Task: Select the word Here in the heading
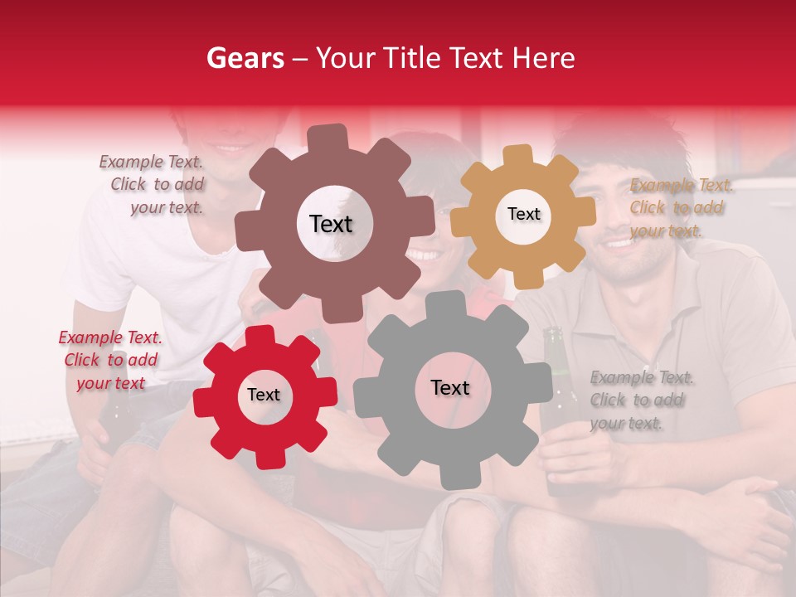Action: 544,58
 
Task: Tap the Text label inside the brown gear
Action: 331,224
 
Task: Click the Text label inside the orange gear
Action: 523,214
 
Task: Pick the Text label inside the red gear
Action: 264,396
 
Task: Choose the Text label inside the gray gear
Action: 450,388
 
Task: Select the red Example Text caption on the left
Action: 110,360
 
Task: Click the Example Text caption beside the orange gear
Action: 680,207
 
